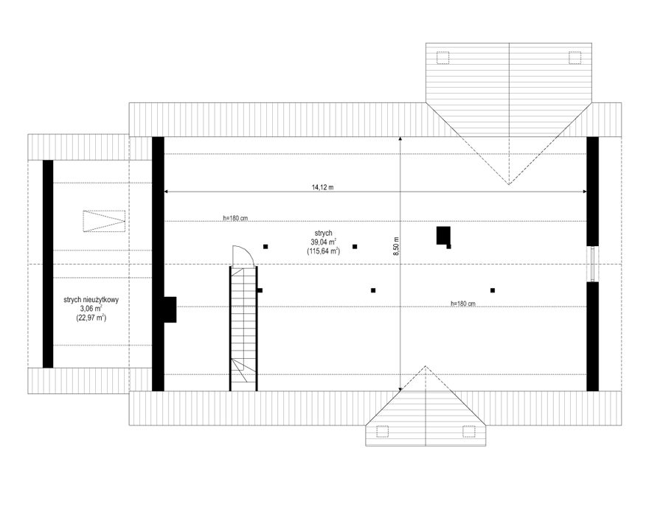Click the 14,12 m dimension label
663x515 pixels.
coord(322,187)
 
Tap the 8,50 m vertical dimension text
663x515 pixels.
coord(396,246)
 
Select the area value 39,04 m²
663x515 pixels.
coord(324,242)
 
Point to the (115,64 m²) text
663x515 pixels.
coord(324,251)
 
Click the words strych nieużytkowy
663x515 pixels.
coord(91,300)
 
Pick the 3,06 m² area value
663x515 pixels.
coord(91,309)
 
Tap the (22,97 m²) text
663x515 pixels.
coord(91,318)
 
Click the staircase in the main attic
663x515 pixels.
coord(243,329)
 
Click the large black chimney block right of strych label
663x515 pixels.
coord(443,235)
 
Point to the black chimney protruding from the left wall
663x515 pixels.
coord(170,309)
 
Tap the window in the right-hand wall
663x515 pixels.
coord(593,264)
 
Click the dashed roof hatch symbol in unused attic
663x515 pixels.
coord(104,221)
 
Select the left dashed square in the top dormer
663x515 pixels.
coord(442,58)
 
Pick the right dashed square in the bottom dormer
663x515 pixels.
coord(469,431)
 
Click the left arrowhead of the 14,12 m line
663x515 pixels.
coord(165,192)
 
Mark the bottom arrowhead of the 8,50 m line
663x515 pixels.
coord(400,389)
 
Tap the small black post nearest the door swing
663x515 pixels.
coord(260,290)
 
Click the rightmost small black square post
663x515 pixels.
coord(493,290)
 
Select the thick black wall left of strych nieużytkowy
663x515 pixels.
coord(48,264)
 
